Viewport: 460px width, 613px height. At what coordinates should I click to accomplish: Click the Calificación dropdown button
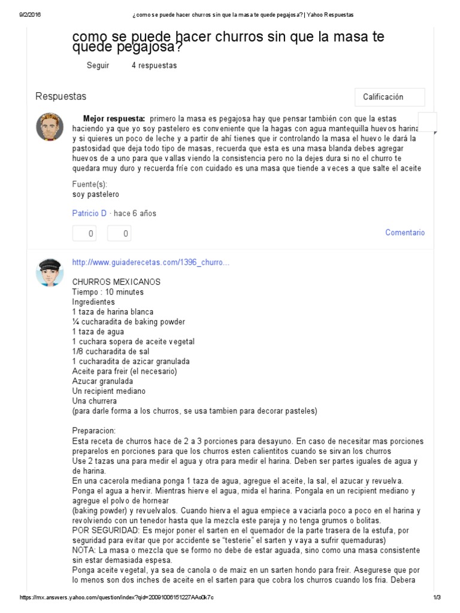point(389,97)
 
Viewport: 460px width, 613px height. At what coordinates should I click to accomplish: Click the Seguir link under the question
point(98,65)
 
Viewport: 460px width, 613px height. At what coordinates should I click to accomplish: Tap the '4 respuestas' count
point(154,65)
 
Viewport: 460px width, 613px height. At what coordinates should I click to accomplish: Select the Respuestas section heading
point(60,96)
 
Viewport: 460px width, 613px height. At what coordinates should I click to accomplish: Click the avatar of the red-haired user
point(50,126)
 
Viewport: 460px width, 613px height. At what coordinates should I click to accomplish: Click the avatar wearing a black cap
point(50,272)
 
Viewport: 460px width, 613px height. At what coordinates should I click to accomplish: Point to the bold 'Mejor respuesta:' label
point(114,119)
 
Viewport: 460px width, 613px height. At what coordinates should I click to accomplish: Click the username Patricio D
point(89,213)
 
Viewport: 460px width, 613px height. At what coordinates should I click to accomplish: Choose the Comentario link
point(405,232)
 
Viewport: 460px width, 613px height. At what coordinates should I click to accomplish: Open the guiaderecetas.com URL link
point(150,262)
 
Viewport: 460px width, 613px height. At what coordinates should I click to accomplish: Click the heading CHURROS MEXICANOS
point(116,281)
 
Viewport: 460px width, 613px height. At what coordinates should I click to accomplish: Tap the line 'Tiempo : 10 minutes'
point(108,292)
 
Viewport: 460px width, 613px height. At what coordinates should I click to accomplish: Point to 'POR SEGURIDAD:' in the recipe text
point(105,530)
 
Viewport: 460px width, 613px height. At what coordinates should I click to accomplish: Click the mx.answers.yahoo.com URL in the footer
point(117,598)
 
